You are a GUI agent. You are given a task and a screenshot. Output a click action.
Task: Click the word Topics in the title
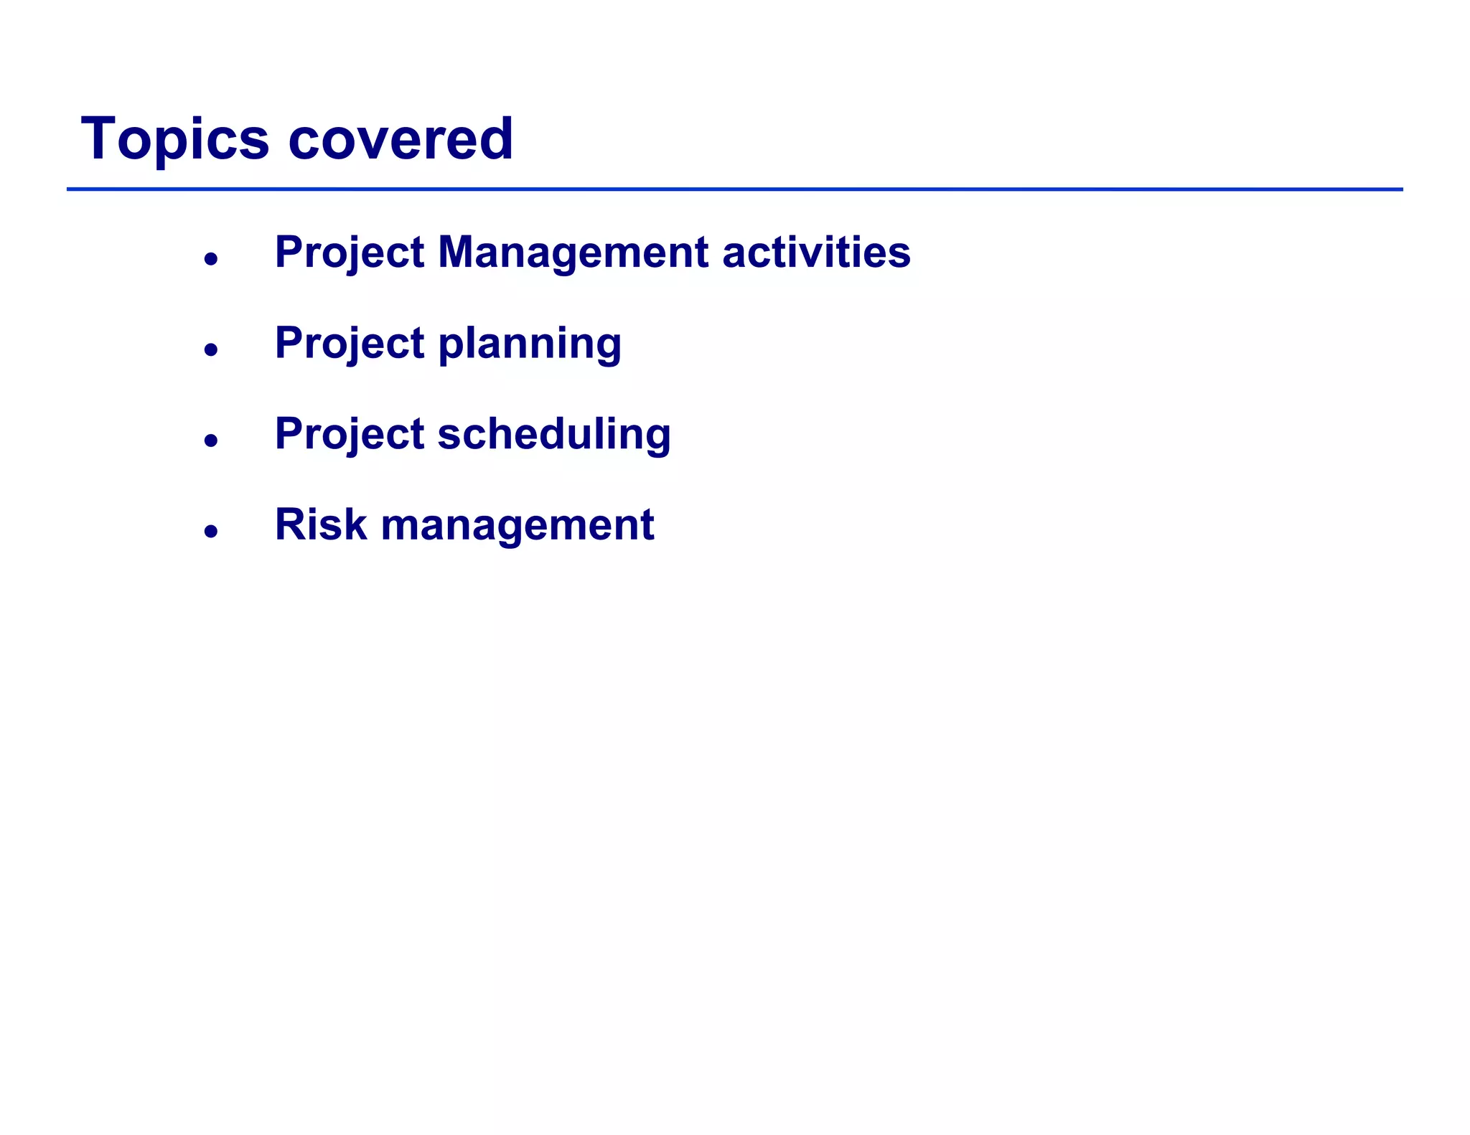[175, 139]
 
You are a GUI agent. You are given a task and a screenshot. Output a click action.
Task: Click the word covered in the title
[401, 139]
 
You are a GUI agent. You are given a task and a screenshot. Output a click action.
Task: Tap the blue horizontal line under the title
[734, 189]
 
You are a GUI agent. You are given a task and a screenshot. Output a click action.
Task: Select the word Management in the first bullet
[573, 253]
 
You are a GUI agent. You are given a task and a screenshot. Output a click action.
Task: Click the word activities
[816, 253]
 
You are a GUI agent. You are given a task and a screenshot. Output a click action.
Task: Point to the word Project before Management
[350, 254]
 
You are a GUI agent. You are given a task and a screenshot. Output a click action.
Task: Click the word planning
[530, 344]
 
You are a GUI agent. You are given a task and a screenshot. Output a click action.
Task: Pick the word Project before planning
[350, 344]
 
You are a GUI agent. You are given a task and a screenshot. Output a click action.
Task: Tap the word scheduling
[554, 435]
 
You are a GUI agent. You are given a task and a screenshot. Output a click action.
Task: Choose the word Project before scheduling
[350, 435]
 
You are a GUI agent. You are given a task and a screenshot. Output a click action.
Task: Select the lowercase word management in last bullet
[517, 526]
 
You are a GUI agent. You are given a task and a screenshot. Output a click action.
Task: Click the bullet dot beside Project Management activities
[210, 259]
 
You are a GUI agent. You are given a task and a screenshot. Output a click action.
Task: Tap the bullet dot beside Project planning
[210, 349]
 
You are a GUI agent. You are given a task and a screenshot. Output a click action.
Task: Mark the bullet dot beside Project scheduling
[210, 440]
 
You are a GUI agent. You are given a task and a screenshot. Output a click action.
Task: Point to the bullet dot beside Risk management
[210, 531]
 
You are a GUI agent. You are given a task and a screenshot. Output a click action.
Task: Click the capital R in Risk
[291, 524]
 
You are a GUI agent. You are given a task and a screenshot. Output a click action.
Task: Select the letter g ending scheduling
[657, 438]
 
